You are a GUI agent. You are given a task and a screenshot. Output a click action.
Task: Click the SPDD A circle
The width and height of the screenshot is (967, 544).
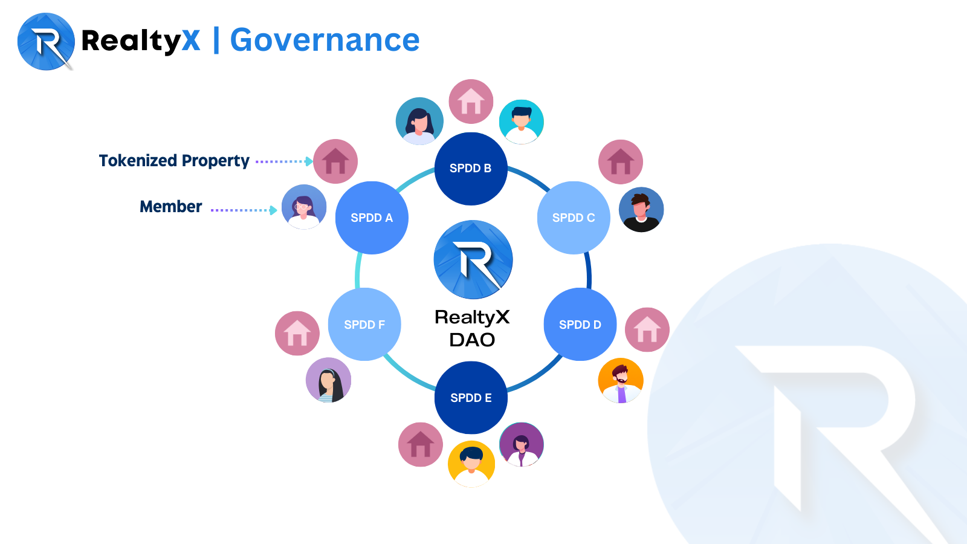[372, 218]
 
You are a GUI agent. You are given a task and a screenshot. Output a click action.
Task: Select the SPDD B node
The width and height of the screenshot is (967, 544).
[471, 169]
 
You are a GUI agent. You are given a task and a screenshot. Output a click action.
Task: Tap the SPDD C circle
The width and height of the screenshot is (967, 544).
[574, 218]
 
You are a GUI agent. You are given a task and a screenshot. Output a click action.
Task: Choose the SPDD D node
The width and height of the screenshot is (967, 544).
[580, 325]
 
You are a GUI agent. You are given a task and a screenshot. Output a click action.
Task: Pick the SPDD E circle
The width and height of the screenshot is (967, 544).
[471, 398]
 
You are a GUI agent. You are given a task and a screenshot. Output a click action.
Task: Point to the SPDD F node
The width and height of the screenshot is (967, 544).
[364, 325]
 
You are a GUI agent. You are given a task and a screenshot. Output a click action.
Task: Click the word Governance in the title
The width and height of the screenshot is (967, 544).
[325, 40]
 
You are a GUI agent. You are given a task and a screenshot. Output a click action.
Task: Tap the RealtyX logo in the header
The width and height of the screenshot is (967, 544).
[46, 42]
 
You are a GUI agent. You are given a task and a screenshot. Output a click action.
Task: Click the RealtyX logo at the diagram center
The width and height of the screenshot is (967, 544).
[473, 259]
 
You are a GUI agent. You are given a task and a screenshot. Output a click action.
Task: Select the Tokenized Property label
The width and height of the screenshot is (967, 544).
[174, 161]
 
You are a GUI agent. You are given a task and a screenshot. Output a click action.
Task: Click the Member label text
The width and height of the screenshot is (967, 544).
[171, 207]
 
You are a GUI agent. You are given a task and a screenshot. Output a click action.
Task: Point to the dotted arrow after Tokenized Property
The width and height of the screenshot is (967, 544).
[283, 161]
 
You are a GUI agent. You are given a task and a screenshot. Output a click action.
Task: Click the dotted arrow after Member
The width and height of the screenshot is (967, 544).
[244, 210]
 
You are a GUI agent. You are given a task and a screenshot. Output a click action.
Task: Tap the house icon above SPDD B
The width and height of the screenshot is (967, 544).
[471, 102]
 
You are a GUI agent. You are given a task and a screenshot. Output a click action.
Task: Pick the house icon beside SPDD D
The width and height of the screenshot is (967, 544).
[647, 330]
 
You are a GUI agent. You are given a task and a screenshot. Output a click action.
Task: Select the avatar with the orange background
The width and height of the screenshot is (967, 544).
[621, 380]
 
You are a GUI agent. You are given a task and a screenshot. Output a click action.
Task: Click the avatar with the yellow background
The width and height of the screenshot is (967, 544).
[471, 464]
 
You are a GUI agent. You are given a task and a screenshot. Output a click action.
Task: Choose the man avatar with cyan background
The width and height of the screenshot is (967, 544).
[522, 121]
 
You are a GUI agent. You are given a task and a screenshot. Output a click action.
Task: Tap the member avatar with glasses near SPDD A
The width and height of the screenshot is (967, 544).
[304, 207]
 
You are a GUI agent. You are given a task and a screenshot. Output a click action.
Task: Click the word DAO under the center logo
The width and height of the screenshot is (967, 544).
[472, 340]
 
